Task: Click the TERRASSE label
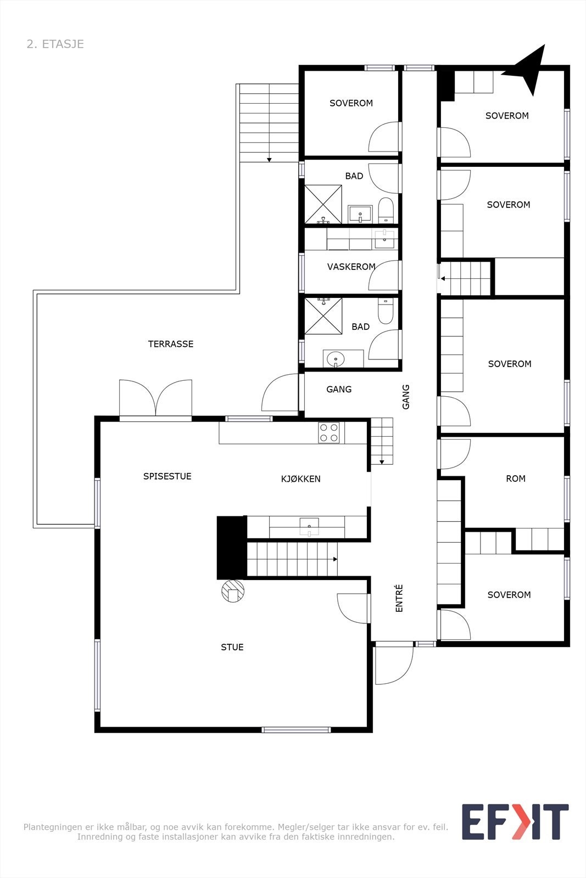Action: point(171,344)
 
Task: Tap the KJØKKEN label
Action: point(300,479)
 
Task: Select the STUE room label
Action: point(232,648)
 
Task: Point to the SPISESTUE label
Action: point(167,476)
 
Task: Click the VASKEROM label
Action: point(351,267)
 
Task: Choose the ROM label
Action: point(516,479)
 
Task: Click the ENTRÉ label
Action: point(399,598)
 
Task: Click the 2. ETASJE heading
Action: point(55,44)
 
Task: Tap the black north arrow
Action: point(527,68)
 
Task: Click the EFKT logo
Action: point(515,821)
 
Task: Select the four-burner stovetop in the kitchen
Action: point(329,432)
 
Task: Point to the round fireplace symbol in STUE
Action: point(233,591)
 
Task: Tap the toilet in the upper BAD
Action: point(386,211)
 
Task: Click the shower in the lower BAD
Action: point(323,316)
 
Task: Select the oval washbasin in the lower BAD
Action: point(335,359)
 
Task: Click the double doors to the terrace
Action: point(155,398)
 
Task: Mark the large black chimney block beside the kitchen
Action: point(231,548)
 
